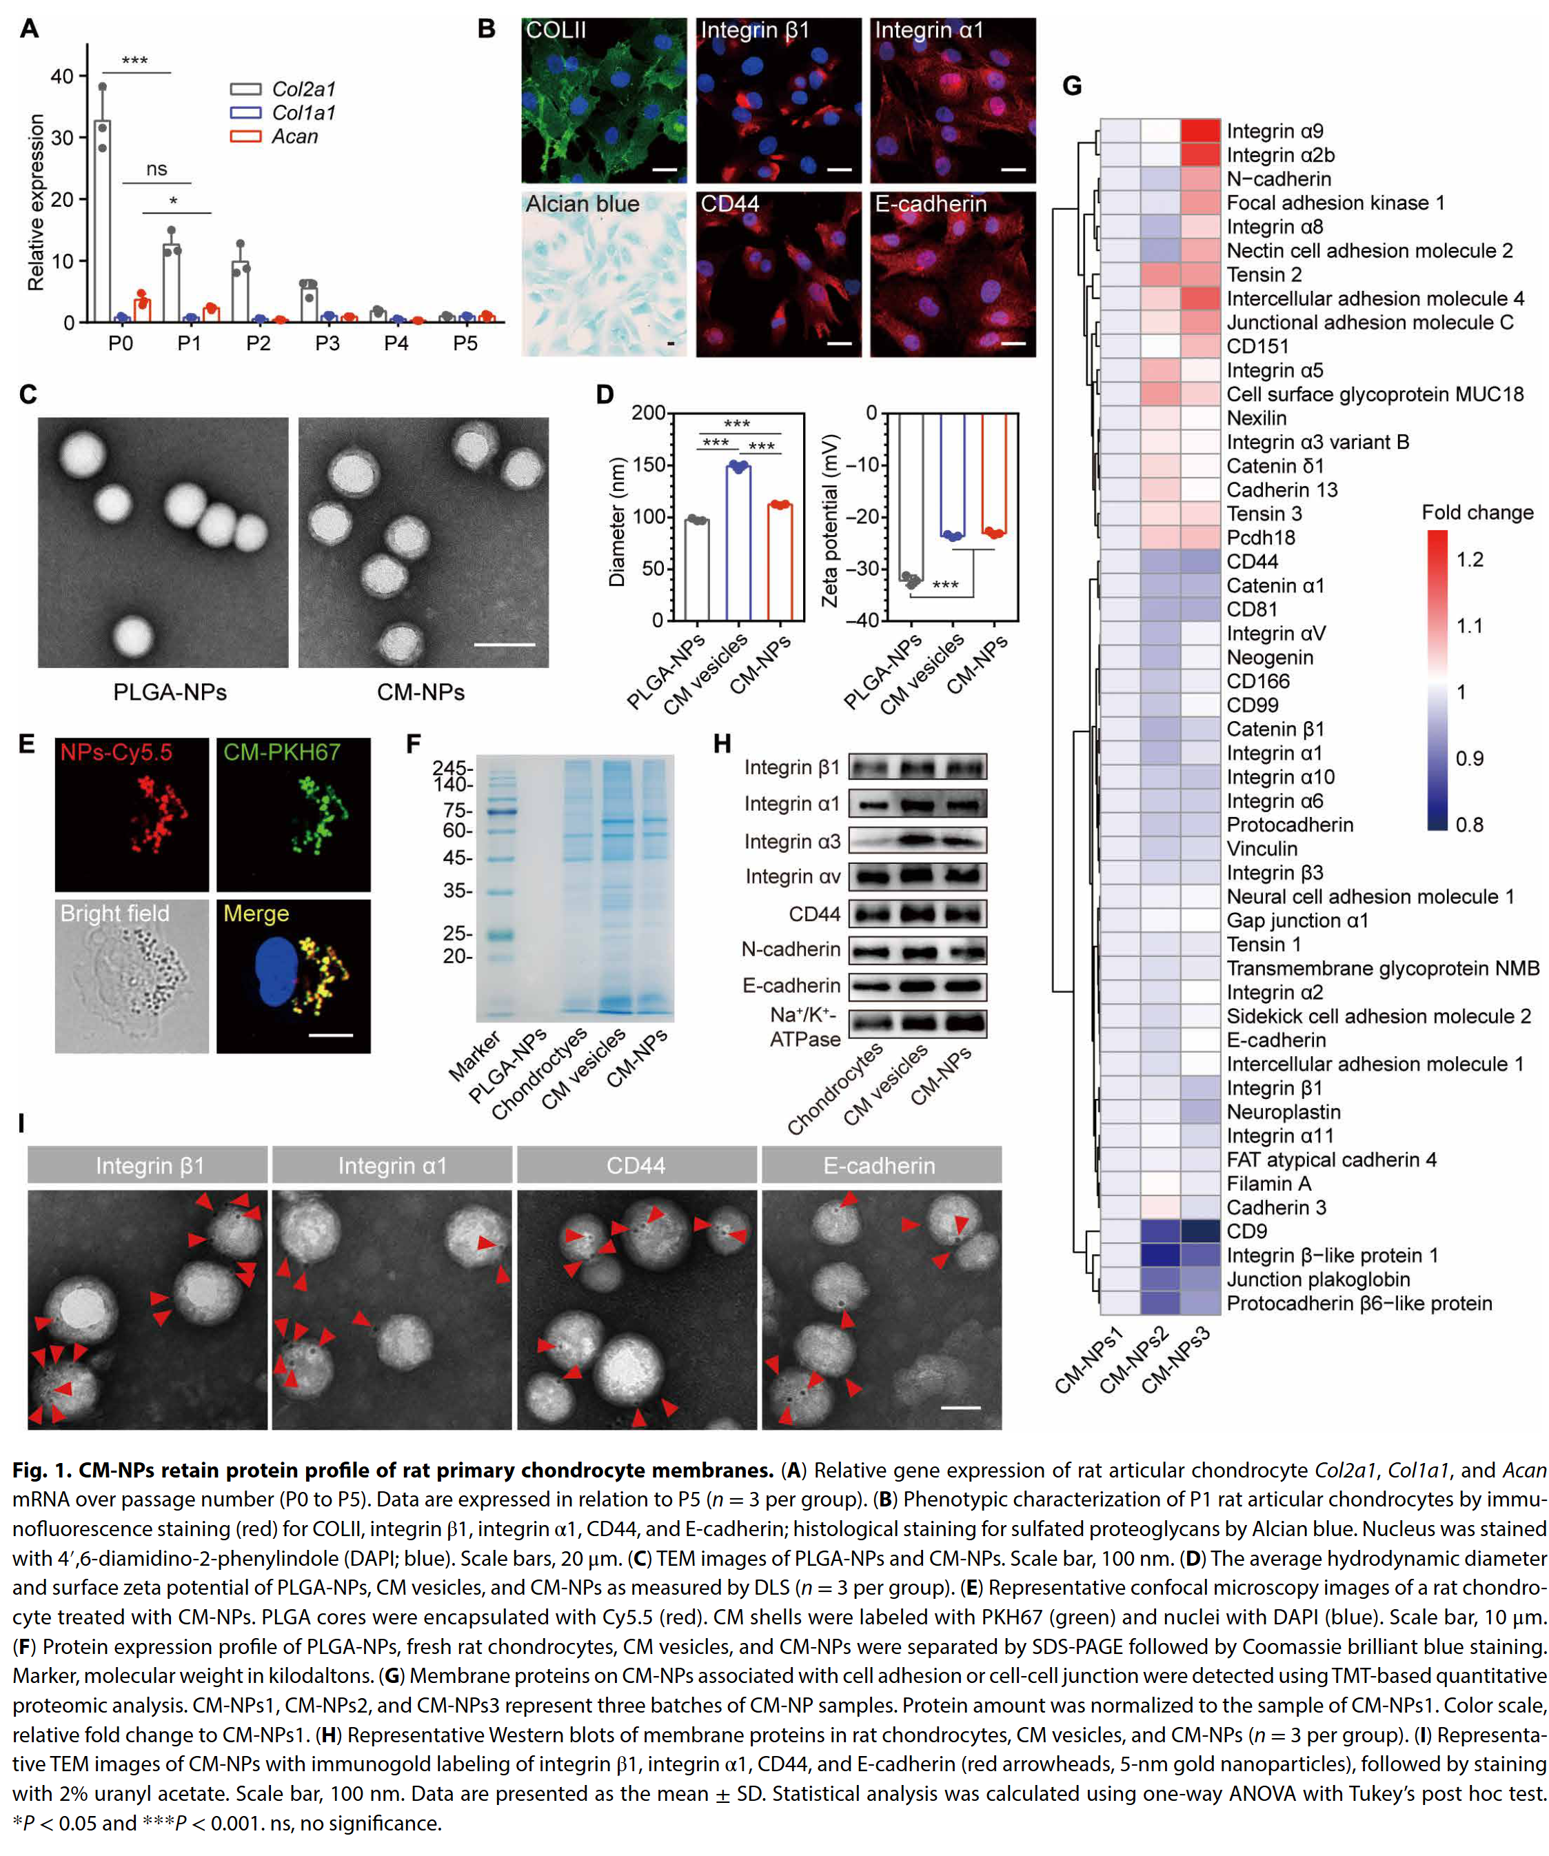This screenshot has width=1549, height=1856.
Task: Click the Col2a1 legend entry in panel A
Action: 283,89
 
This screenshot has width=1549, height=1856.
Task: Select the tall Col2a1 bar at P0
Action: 103,221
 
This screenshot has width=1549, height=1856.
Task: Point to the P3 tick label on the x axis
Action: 327,343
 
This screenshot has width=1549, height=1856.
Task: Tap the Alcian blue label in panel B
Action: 583,204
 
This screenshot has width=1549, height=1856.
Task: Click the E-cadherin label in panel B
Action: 931,204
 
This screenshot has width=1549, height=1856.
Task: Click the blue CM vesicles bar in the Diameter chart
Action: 739,543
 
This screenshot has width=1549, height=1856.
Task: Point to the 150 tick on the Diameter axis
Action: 648,465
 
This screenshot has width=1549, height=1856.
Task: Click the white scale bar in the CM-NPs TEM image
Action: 505,645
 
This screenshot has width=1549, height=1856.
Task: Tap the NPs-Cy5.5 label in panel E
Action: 116,752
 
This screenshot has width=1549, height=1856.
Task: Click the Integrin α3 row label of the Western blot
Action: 791,841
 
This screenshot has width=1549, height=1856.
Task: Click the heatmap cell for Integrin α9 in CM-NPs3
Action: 1200,131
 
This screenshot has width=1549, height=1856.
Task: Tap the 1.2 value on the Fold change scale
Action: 1470,559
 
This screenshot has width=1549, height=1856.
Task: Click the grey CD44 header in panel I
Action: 636,1165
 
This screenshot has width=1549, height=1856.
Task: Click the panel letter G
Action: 1072,85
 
